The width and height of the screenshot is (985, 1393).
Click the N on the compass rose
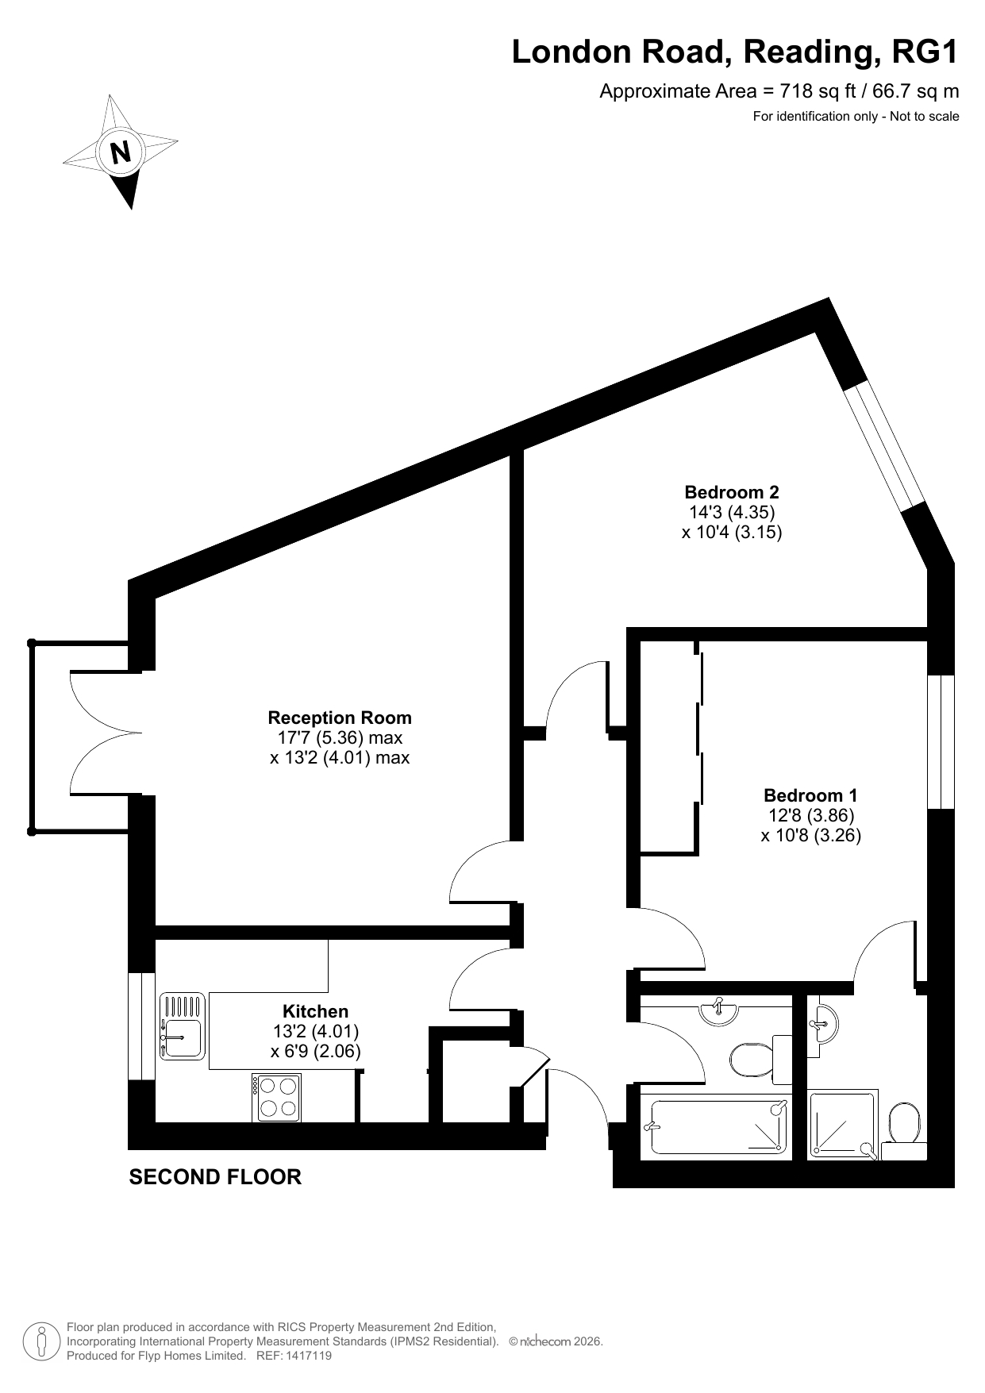(121, 151)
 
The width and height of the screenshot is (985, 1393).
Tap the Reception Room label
(340, 718)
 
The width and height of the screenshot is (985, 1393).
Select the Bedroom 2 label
(732, 492)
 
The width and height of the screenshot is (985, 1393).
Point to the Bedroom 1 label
(810, 795)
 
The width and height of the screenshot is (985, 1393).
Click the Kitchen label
(316, 1011)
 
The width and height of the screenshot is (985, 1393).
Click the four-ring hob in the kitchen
(277, 1098)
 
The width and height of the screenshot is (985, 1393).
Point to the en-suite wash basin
(821, 1026)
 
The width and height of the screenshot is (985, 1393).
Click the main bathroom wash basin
(718, 1010)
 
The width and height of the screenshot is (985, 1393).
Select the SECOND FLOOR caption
(215, 1177)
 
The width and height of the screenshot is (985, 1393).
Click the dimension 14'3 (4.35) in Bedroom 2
(732, 512)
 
